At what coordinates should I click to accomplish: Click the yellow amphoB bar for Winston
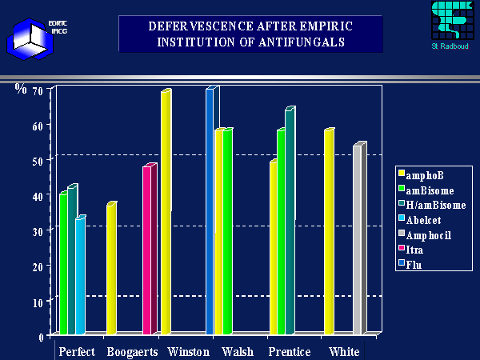[166, 212]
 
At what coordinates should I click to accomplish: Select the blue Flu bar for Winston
[210, 211]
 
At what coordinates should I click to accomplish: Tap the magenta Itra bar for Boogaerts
[147, 250]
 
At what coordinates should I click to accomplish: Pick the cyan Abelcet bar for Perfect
[80, 276]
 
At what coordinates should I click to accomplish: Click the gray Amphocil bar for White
[358, 239]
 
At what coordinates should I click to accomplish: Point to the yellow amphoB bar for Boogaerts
[111, 269]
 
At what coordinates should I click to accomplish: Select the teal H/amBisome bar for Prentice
[289, 222]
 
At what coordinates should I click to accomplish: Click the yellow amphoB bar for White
[328, 231]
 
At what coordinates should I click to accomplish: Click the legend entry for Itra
[416, 250]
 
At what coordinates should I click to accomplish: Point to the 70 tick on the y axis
[38, 90]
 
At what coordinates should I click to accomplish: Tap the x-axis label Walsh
[238, 352]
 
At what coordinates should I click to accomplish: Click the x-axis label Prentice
[289, 352]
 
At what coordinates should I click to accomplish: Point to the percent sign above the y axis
[21, 88]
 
